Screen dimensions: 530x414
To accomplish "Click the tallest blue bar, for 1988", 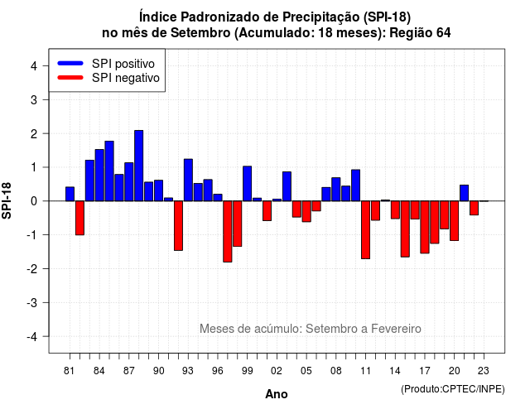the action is click(x=138, y=166).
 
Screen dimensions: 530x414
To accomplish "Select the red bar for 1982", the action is click(x=79, y=218).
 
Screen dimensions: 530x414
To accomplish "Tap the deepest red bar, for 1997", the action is click(x=228, y=232).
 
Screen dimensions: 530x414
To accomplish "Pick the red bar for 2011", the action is click(x=365, y=230).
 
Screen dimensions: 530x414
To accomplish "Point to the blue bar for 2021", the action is click(x=464, y=193).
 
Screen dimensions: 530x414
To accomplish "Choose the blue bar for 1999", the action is click(x=247, y=184).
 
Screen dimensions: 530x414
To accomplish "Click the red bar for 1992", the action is click(x=178, y=226).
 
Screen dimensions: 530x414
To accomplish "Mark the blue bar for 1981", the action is click(x=70, y=194).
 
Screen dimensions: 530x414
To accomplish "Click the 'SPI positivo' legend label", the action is click(x=123, y=64).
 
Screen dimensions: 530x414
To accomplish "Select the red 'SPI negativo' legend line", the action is click(x=70, y=78).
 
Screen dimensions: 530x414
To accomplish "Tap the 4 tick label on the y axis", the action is click(x=34, y=66).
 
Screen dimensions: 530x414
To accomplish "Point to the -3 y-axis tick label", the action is click(x=32, y=302).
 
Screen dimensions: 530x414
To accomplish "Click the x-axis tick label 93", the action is click(x=188, y=371).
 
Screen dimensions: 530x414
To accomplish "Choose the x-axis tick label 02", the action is click(x=277, y=371).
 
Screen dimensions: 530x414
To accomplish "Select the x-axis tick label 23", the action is click(x=484, y=371).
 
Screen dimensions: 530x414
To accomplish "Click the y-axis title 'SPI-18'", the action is click(x=7, y=200).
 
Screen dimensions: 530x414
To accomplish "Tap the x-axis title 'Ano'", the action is click(x=277, y=394).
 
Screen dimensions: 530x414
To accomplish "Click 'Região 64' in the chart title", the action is click(x=420, y=33).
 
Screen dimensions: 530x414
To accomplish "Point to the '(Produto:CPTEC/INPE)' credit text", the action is click(x=453, y=389).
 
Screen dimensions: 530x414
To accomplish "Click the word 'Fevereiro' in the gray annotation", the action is click(x=396, y=329).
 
